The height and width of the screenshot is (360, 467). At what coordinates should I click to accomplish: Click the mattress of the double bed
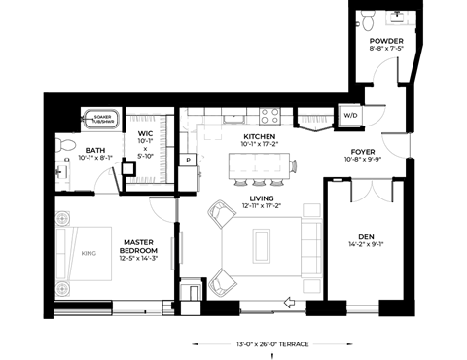click(92, 253)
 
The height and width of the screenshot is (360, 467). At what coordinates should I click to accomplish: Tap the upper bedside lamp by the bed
click(62, 218)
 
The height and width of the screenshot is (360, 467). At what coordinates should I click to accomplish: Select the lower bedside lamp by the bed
click(62, 288)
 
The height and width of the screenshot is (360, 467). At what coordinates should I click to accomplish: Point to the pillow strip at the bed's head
click(61, 253)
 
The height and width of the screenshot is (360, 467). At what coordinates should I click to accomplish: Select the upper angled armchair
click(221, 213)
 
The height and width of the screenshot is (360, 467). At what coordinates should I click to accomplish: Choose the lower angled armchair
click(221, 283)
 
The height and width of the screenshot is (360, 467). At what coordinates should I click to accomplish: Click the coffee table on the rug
click(262, 245)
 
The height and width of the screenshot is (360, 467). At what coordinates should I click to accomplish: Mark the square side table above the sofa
click(311, 210)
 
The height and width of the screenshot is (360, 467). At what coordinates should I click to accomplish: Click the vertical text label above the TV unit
click(162, 148)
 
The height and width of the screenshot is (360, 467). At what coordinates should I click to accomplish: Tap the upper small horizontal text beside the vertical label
click(143, 119)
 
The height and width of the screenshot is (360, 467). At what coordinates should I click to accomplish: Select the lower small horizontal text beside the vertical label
click(143, 180)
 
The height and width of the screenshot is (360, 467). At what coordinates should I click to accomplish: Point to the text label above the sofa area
click(314, 120)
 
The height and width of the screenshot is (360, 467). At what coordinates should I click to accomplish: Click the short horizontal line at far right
click(371, 178)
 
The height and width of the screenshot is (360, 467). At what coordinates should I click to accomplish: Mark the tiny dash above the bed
click(73, 133)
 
